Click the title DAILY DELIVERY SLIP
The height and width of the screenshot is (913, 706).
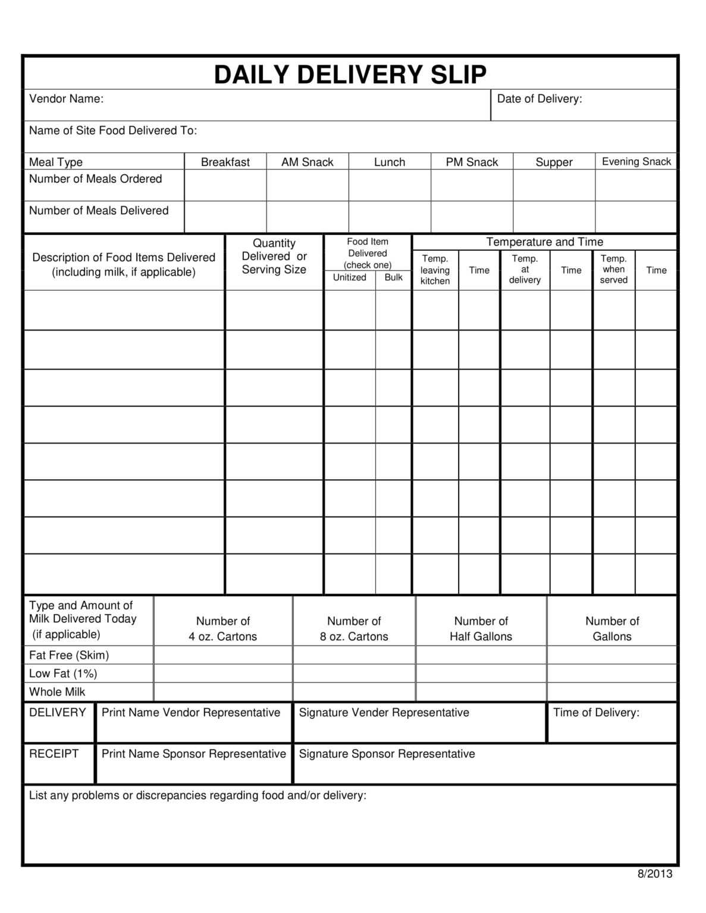(350, 75)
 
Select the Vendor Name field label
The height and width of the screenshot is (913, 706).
(66, 99)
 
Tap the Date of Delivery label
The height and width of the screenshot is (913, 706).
(539, 99)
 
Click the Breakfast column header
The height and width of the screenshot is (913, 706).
(225, 162)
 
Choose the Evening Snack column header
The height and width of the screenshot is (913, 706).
(636, 162)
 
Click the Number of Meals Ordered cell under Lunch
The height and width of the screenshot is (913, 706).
(390, 185)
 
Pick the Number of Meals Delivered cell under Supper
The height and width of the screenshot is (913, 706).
(554, 216)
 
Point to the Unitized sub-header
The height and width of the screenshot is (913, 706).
(349, 278)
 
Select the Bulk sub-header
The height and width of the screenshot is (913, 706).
(393, 278)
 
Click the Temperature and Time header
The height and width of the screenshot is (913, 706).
(544, 242)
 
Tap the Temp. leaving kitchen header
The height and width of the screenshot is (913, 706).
(435, 270)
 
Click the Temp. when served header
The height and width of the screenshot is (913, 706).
(613, 269)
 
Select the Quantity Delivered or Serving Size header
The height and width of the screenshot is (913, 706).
(274, 256)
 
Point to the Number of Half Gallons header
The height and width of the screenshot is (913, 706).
(481, 629)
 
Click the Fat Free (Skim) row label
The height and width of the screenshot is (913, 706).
(69, 655)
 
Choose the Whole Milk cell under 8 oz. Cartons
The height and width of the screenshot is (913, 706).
(354, 692)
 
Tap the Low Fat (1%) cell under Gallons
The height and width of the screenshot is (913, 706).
(611, 673)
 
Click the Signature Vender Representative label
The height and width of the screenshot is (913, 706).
(384, 713)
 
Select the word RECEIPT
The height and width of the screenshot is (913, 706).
(54, 754)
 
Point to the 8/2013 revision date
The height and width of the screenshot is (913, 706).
(654, 874)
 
